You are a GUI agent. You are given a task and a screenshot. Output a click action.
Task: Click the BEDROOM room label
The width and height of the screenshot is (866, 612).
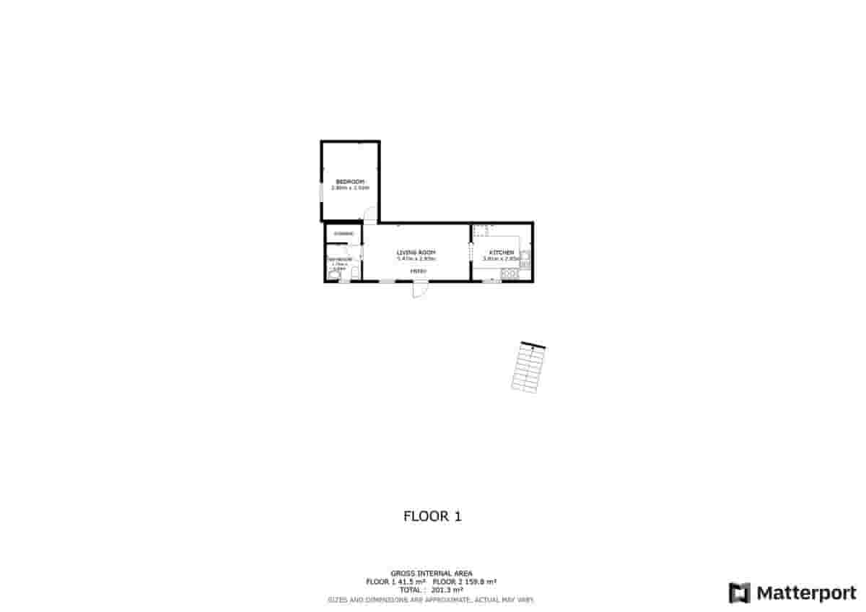[350, 181]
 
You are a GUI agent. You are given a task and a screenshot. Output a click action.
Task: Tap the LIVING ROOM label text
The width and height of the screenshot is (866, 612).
[416, 252]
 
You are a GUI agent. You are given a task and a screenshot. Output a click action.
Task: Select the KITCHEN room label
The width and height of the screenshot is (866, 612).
[502, 252]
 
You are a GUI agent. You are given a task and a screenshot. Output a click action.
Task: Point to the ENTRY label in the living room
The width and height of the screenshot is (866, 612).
[419, 271]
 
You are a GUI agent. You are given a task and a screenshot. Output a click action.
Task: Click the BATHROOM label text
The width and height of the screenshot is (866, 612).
[340, 259]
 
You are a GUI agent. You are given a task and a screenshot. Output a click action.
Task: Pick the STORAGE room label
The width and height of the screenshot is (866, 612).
[343, 234]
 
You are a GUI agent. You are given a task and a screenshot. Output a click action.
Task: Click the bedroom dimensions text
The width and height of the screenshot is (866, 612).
[350, 188]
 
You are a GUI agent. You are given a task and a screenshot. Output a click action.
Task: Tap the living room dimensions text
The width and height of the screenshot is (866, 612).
[416, 258]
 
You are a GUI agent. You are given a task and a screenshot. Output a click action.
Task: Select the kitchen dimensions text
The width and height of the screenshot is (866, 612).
[502, 258]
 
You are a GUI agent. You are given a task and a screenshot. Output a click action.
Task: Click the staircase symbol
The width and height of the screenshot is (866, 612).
[528, 368]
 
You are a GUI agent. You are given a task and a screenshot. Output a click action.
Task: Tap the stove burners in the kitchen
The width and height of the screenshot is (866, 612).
[509, 273]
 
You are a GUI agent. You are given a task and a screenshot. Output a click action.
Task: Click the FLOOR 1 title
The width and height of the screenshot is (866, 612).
[432, 516]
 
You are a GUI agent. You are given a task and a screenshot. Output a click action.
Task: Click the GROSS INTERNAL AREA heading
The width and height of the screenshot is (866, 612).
[432, 574]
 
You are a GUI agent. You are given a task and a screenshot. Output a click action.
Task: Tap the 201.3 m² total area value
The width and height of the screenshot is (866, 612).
[447, 590]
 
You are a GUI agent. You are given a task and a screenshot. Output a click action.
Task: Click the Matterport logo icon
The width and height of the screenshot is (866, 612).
[740, 593]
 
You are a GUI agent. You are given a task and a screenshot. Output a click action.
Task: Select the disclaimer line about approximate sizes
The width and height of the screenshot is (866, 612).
[432, 600]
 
